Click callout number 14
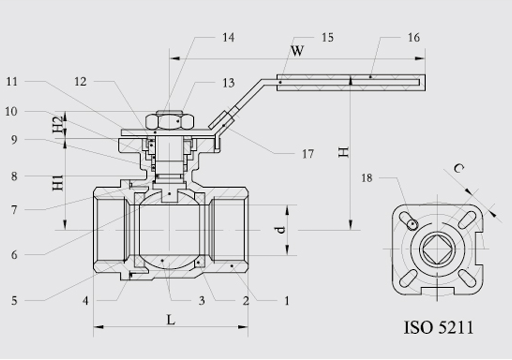[229, 38]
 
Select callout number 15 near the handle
[327, 38]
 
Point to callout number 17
[308, 154]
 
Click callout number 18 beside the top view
[367, 178]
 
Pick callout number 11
[12, 82]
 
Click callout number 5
[14, 301]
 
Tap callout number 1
[287, 301]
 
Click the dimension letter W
[298, 51]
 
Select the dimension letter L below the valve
[171, 319]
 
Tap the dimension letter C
[459, 169]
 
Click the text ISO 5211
[439, 327]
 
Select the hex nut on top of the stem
[170, 122]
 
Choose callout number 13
[229, 83]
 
